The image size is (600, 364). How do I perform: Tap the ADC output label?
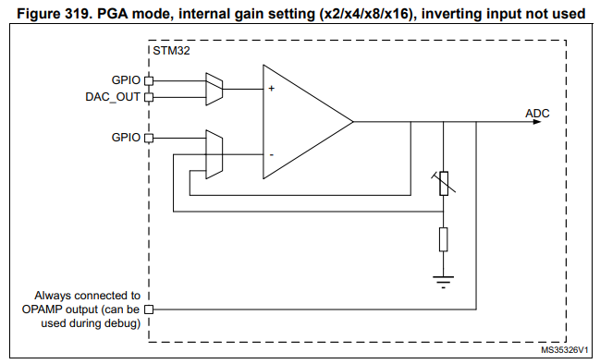(x=537, y=113)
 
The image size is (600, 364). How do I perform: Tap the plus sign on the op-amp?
(x=272, y=90)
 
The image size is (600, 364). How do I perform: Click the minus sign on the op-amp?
(x=272, y=153)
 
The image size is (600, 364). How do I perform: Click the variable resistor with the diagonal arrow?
(x=444, y=183)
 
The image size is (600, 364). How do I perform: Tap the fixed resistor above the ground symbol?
(x=444, y=239)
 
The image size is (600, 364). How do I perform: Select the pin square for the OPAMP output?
(x=147, y=309)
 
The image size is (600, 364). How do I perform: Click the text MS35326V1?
(x=566, y=351)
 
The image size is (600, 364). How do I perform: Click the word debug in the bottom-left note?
(x=123, y=324)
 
